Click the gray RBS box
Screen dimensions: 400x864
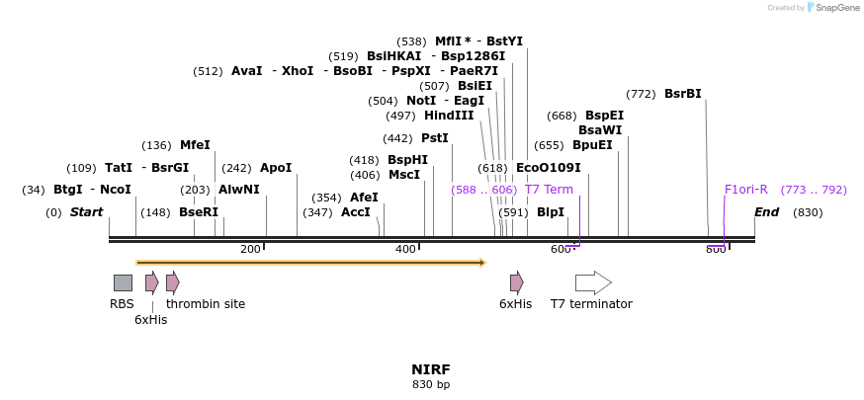(123, 282)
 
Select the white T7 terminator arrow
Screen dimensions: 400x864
(593, 282)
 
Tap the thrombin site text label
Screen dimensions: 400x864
(206, 304)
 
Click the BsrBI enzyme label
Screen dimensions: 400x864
(683, 94)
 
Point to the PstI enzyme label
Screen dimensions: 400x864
(435, 138)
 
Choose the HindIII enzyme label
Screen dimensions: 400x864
(449, 116)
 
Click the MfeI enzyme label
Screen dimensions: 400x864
(195, 145)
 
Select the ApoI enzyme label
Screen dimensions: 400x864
(276, 168)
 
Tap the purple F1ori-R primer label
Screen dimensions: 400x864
(746, 190)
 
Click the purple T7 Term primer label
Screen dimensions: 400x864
(549, 190)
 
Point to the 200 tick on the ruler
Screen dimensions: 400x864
(250, 249)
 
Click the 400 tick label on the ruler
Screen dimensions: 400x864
(405, 249)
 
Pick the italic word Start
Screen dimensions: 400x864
(87, 212)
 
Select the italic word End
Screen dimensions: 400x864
(767, 212)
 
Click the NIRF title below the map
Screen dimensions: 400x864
(431, 369)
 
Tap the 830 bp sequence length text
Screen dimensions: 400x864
(431, 384)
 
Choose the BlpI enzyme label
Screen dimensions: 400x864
(551, 212)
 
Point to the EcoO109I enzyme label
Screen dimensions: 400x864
(549, 168)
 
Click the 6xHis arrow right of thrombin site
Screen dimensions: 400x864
(517, 282)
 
